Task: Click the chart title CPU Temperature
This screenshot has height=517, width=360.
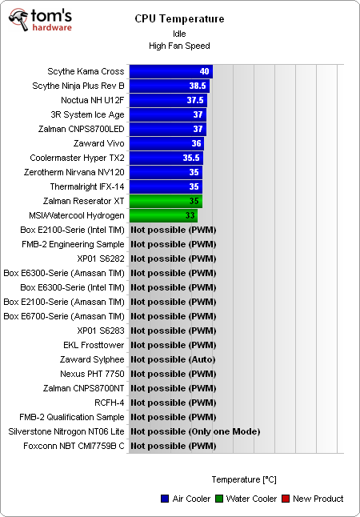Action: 179,19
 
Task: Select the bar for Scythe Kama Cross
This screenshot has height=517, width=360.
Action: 170,71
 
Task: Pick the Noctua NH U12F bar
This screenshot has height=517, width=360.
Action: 167,100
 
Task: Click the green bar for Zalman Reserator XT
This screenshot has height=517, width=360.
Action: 166,201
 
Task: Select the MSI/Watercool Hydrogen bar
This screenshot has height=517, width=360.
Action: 162,215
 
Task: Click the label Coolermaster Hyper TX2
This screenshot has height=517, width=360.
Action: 77,158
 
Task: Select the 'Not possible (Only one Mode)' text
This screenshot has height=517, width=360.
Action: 195,431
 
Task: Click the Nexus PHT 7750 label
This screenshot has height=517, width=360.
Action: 92,374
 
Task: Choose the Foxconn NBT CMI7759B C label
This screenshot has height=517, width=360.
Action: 73,446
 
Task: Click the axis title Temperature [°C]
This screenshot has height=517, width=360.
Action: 244,479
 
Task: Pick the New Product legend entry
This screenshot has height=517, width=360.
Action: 312,499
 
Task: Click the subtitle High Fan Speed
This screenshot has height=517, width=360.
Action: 179,46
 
